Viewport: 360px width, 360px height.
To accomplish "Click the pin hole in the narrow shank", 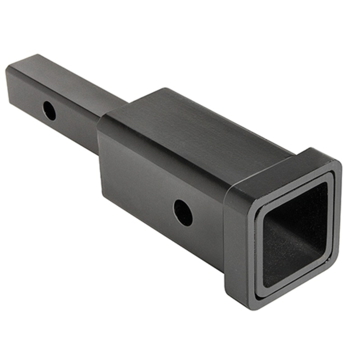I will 49,110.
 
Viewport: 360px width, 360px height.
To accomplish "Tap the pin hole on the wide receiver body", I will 183,213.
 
